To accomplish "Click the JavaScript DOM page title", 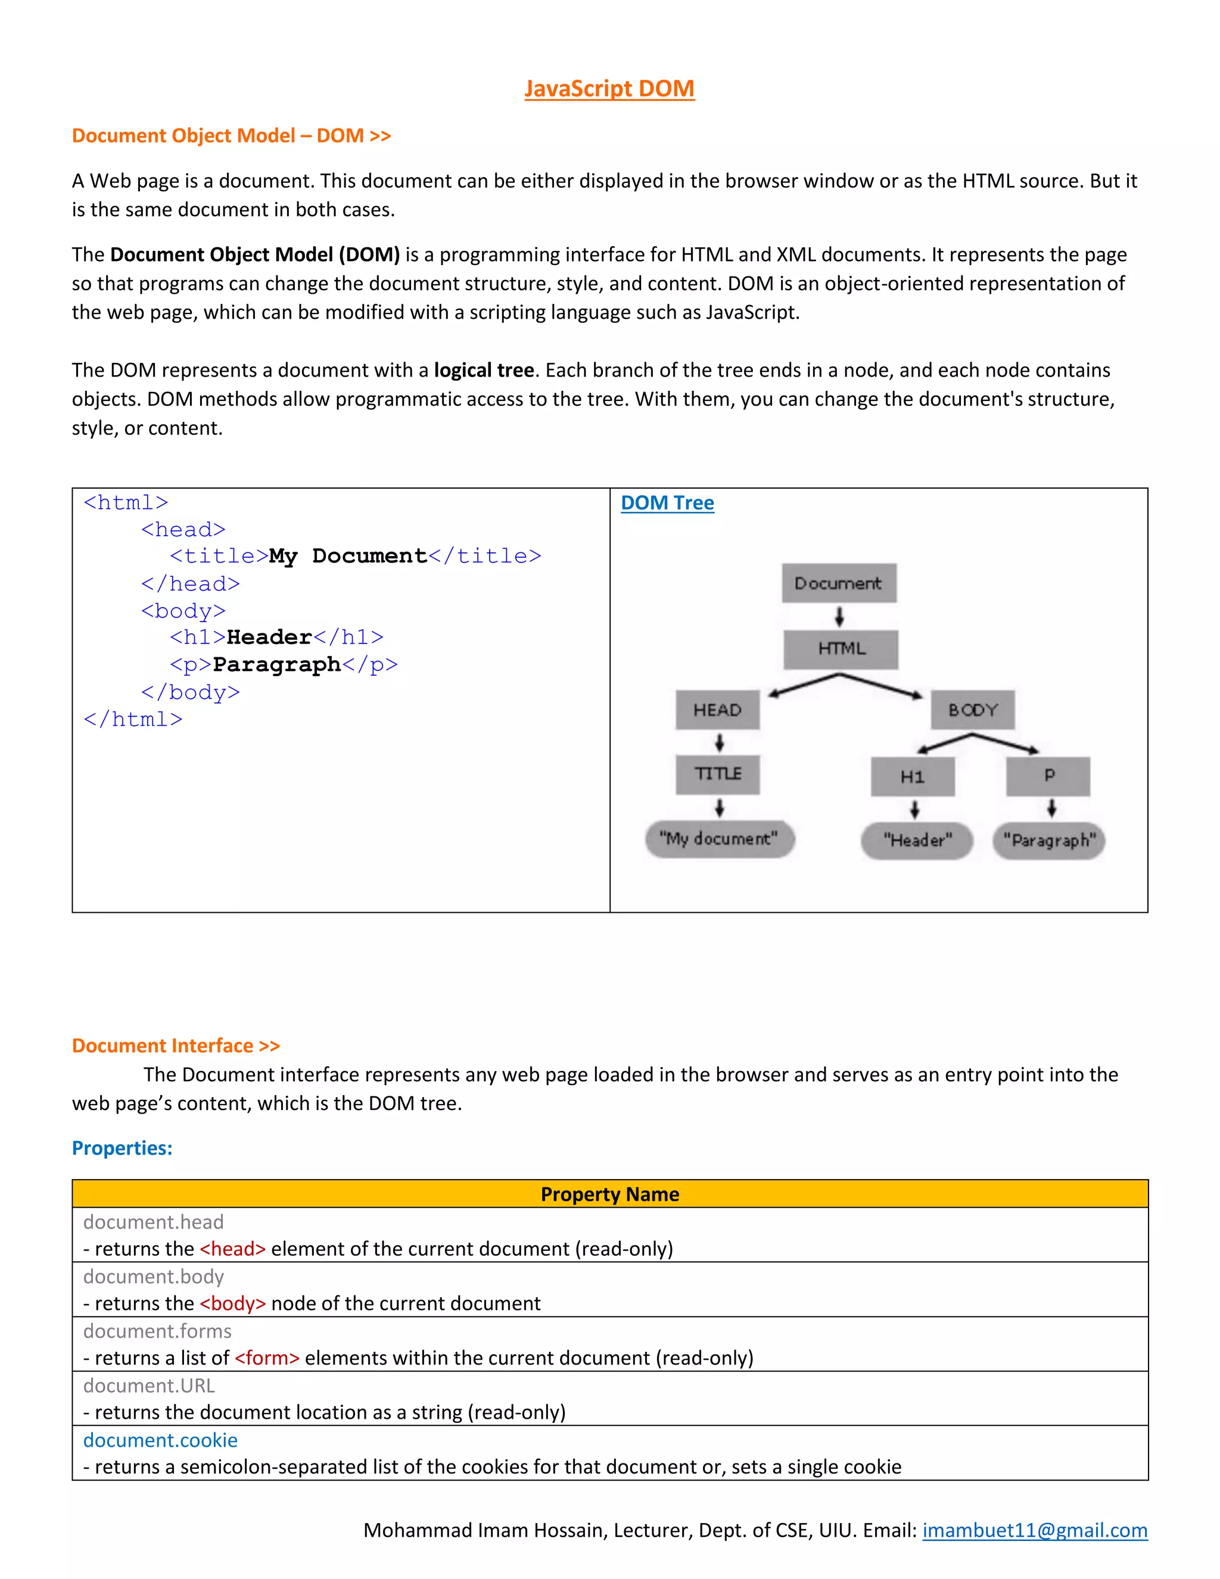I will tap(609, 88).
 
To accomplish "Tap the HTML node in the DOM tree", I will tap(841, 648).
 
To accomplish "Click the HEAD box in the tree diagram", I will tap(718, 710).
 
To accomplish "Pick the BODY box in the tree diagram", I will tap(973, 710).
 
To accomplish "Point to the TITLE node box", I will tap(718, 775).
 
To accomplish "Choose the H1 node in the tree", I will tap(913, 776).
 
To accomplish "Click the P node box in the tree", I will tap(1048, 776).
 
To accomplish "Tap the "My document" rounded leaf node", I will tap(719, 839).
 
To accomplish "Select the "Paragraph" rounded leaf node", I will tap(1048, 840).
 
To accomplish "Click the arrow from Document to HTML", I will tap(839, 617).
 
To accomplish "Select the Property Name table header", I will tap(609, 1193).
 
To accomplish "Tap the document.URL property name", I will tap(149, 1385).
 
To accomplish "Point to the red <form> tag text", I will tap(267, 1358).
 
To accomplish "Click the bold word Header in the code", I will tap(269, 637).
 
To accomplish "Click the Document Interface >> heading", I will tap(176, 1046).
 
